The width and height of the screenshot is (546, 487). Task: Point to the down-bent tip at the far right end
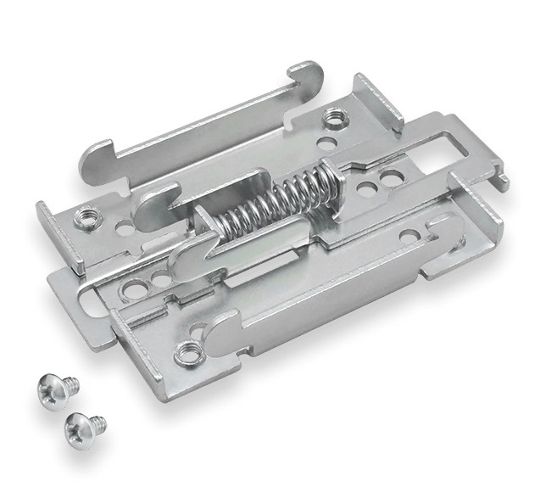pos(504,180)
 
